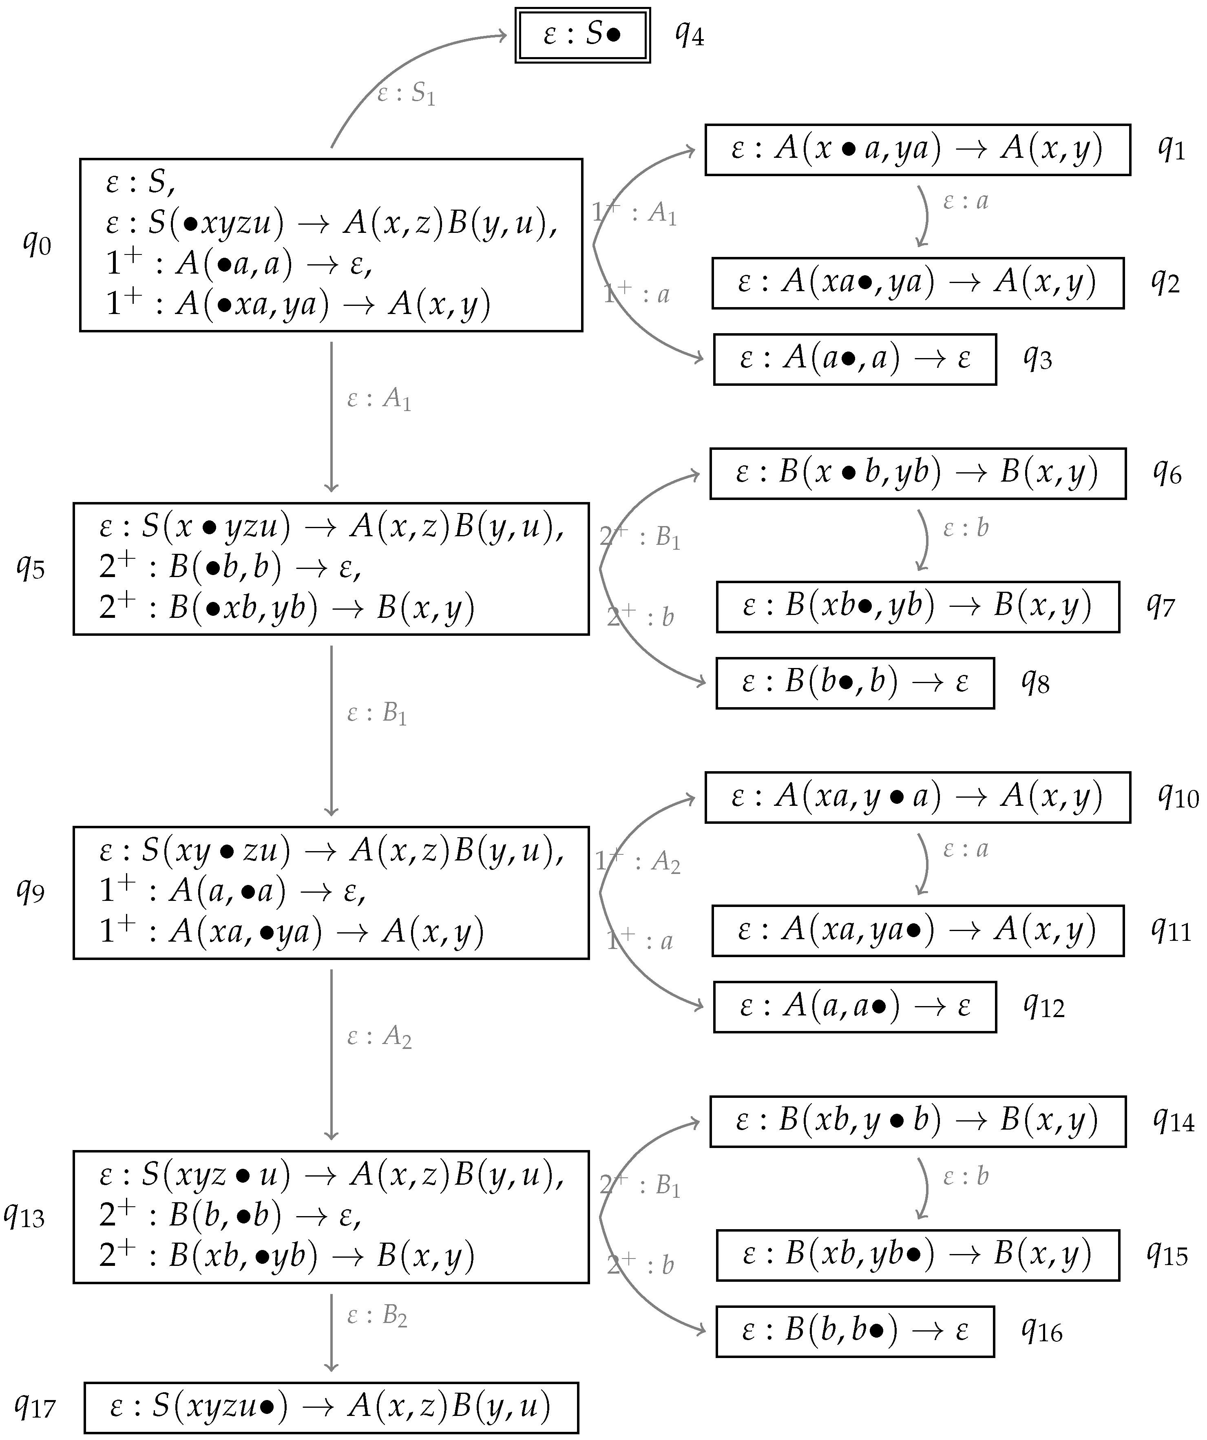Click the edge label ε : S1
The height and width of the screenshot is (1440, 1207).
[x=406, y=94]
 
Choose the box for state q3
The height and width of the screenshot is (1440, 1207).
[x=855, y=359]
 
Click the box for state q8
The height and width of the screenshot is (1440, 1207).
[x=855, y=683]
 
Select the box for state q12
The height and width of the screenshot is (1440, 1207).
[x=855, y=1006]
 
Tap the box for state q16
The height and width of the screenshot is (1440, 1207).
[x=855, y=1331]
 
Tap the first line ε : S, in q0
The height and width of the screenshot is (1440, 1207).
[x=141, y=182]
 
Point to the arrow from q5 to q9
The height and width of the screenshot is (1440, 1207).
[x=331, y=730]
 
